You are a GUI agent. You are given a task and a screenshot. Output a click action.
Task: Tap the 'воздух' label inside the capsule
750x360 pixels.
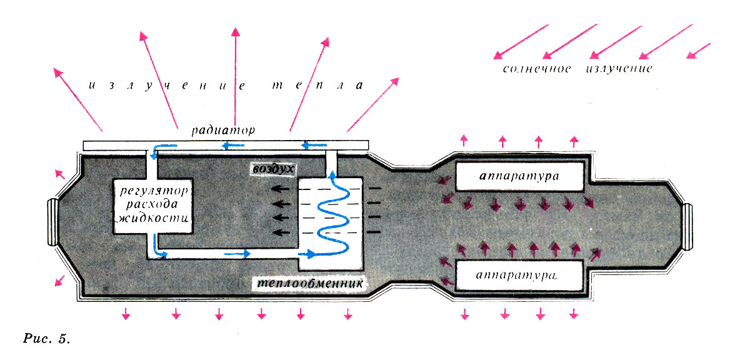(x=272, y=169)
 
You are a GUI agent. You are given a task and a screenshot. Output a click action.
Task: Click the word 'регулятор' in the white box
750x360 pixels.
(x=152, y=189)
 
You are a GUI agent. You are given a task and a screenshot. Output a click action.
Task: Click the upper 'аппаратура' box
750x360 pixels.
(x=521, y=177)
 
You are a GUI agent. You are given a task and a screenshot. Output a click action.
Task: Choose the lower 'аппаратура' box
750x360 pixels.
(x=520, y=276)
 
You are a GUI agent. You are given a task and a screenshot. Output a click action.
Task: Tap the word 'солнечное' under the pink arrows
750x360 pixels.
(x=536, y=68)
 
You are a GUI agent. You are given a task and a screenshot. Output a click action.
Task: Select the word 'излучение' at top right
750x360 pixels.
(x=619, y=68)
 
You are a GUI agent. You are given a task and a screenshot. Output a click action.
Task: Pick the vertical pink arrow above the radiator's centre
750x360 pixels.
(x=235, y=75)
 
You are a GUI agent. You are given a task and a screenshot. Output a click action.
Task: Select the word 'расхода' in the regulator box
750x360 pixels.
(x=152, y=205)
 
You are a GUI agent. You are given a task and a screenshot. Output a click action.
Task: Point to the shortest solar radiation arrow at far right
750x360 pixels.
(x=699, y=51)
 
